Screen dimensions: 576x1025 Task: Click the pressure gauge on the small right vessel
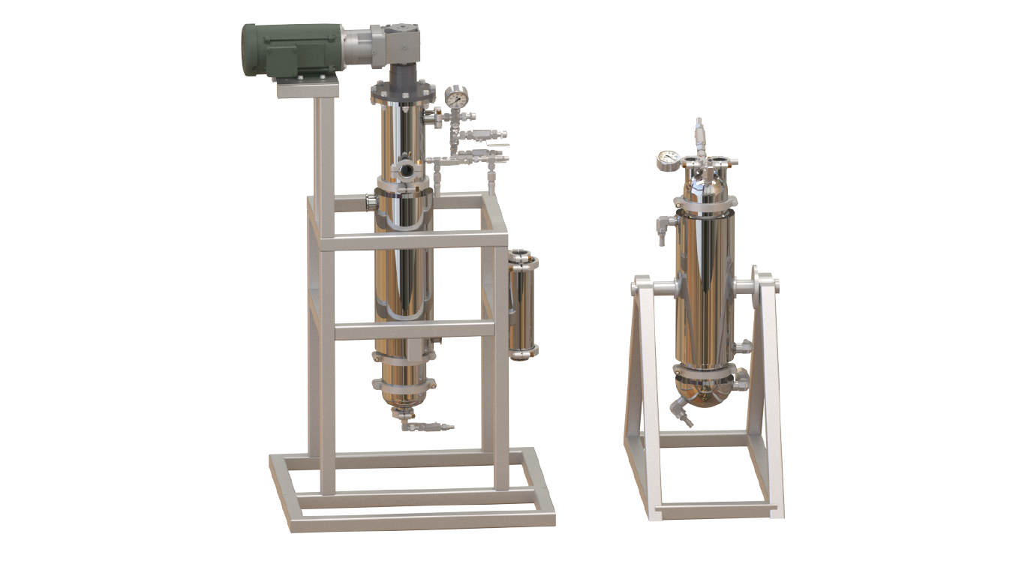point(667,159)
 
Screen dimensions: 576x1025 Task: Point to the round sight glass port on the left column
point(406,169)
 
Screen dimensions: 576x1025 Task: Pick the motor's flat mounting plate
point(308,90)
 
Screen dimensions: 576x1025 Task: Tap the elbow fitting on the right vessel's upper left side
point(663,224)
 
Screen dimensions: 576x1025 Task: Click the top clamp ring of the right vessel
point(705,202)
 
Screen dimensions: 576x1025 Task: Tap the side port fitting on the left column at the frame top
point(371,200)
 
